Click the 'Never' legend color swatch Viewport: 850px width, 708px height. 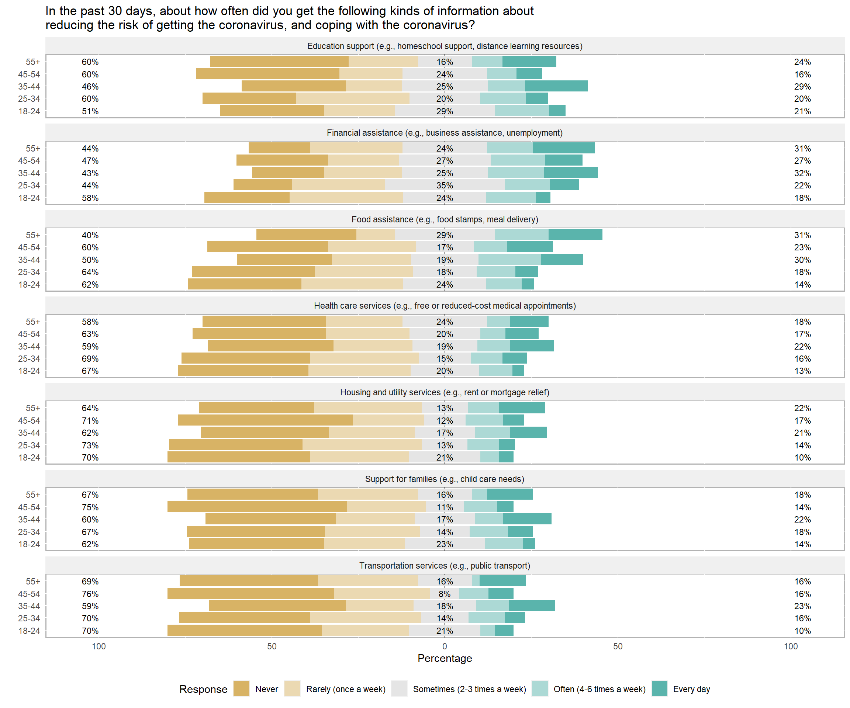pyautogui.click(x=241, y=688)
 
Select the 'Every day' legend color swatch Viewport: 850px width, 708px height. pyautogui.click(x=659, y=688)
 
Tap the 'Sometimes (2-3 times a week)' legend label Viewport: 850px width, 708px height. pyautogui.click(x=469, y=689)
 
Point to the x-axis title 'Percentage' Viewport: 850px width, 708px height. pyautogui.click(x=445, y=658)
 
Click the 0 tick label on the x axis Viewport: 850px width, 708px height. pyautogui.click(x=445, y=646)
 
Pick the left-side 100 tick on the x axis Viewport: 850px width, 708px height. pyautogui.click(x=99, y=646)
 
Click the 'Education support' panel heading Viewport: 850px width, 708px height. pyautogui.click(x=445, y=46)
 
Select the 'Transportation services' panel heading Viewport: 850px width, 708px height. pyautogui.click(x=445, y=566)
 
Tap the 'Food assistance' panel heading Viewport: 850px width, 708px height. pyautogui.click(x=445, y=219)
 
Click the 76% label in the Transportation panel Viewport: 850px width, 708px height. pyautogui.click(x=90, y=594)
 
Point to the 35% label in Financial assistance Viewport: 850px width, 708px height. pyautogui.click(x=445, y=185)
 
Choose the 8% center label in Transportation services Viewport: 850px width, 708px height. pyautogui.click(x=445, y=594)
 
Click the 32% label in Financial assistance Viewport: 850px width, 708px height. pyautogui.click(x=802, y=173)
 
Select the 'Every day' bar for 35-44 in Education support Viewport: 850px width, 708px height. pyautogui.click(x=556, y=86)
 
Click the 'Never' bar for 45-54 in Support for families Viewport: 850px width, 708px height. pyautogui.click(x=257, y=507)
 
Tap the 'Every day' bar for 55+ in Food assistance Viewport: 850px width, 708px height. pyautogui.click(x=575, y=235)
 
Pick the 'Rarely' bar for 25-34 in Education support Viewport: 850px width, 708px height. pyautogui.click(x=353, y=98)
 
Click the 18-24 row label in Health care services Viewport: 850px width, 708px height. pyautogui.click(x=29, y=371)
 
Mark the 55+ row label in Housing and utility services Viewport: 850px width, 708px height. pyautogui.click(x=33, y=408)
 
